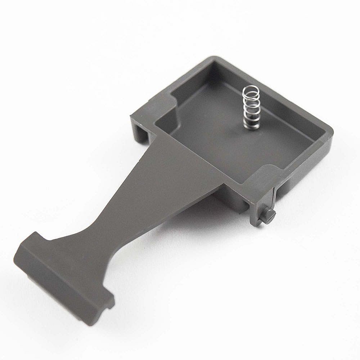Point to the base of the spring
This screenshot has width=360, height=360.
[249, 126]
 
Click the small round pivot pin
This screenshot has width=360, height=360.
[269, 215]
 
